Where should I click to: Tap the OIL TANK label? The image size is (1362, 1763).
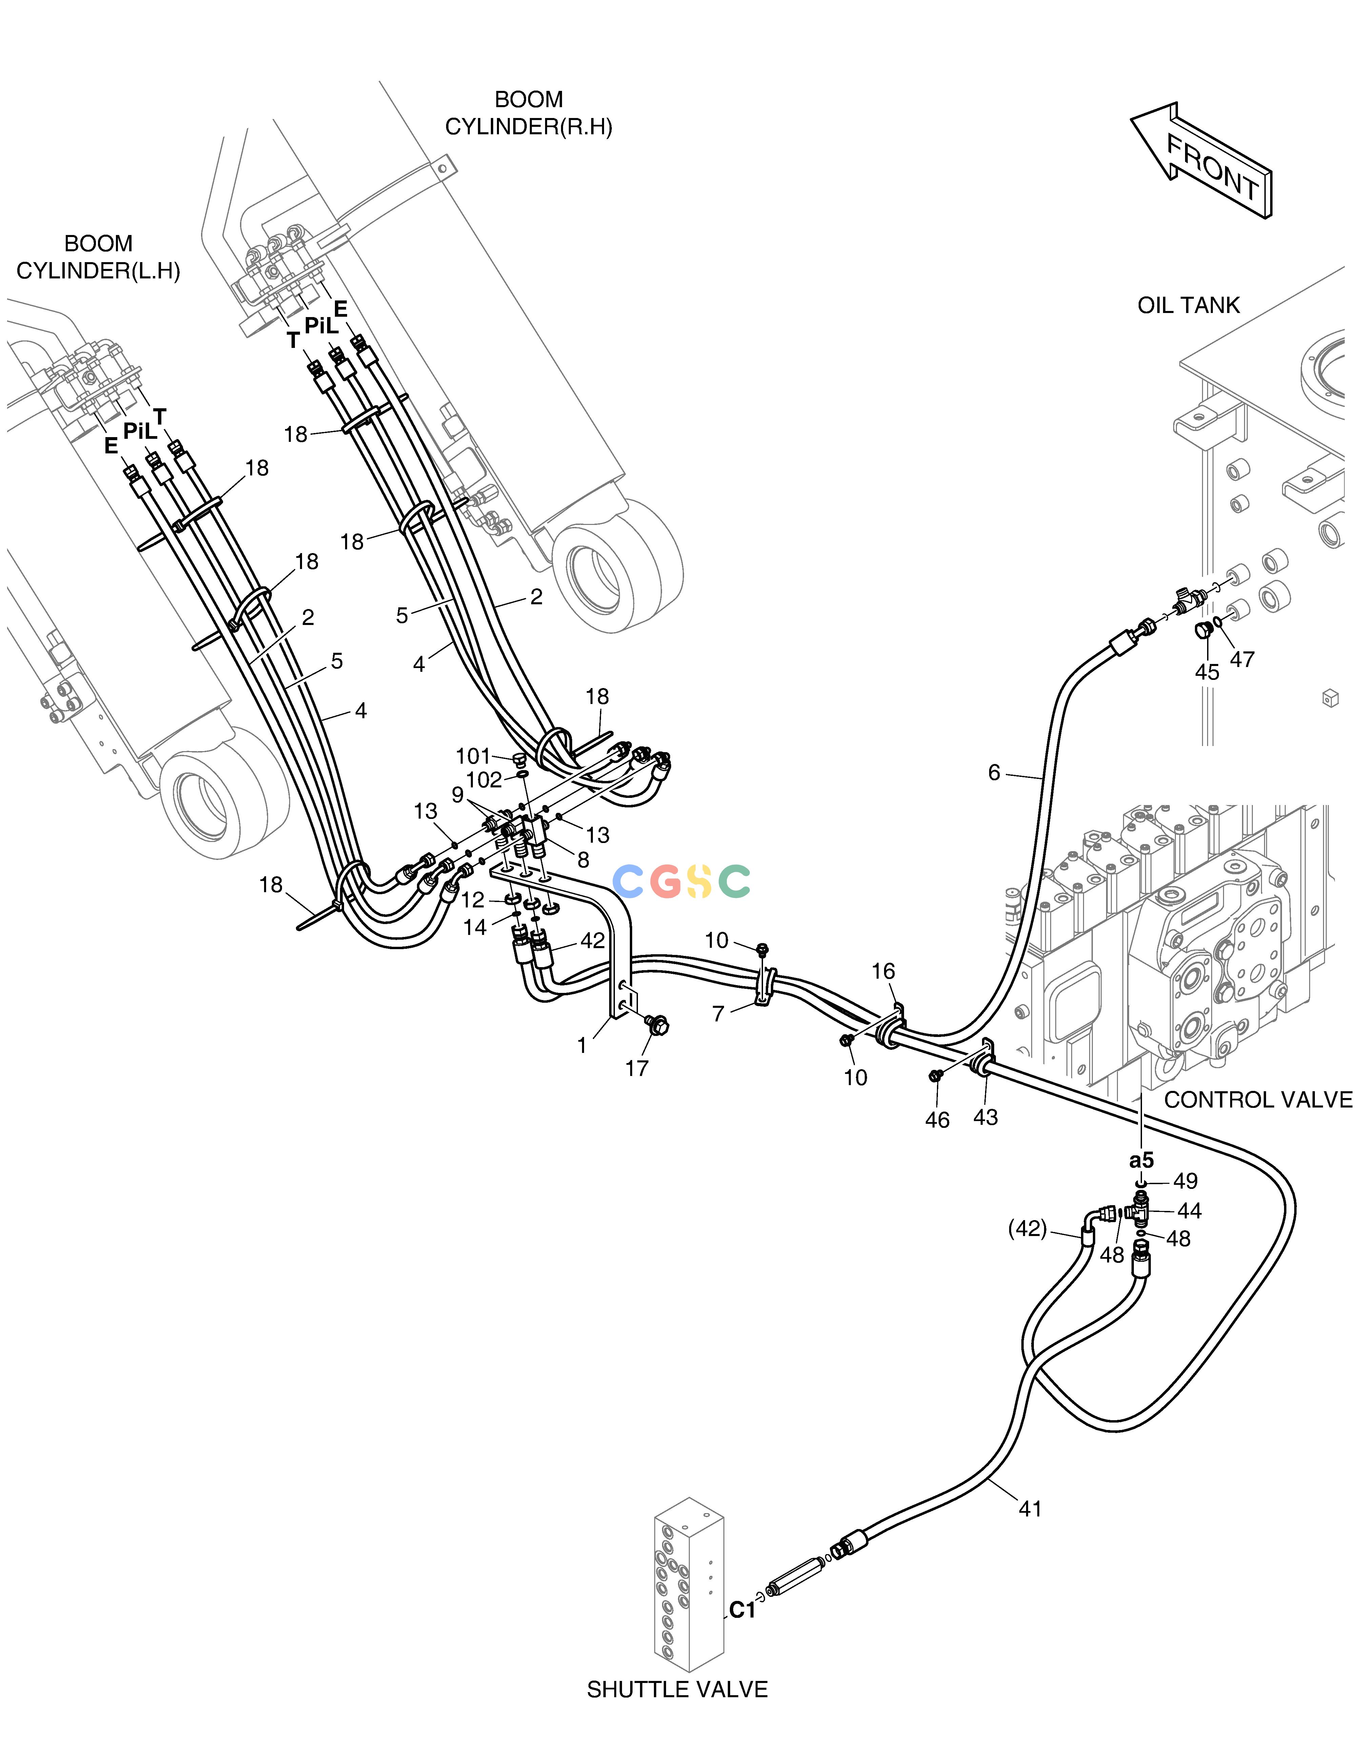point(1188,305)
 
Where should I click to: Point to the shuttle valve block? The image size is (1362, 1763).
point(688,1586)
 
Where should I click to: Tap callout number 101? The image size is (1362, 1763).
point(474,757)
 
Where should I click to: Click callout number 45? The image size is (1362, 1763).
point(1207,672)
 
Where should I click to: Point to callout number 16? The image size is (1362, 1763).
point(883,971)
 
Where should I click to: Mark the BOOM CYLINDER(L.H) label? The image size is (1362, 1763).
point(98,257)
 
